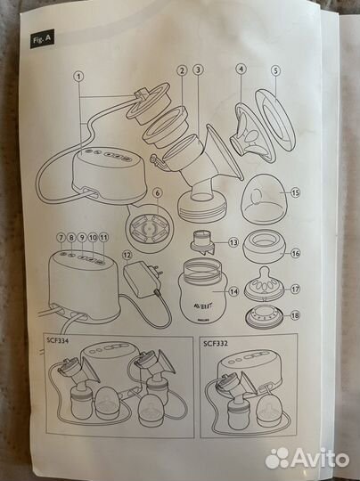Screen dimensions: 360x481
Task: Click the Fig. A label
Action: pyautogui.click(x=42, y=39)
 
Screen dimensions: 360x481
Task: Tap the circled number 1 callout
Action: pyautogui.click(x=79, y=77)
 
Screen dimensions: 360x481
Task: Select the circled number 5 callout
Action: pyautogui.click(x=275, y=71)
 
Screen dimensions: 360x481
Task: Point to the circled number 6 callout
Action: pyautogui.click(x=158, y=193)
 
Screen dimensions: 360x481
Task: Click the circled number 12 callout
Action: pyautogui.click(x=127, y=254)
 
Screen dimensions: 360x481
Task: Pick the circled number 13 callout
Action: pyautogui.click(x=233, y=242)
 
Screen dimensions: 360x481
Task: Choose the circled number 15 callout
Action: pyautogui.click(x=295, y=193)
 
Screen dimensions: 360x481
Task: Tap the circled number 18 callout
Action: pyautogui.click(x=295, y=315)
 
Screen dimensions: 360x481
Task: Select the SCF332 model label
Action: pyautogui.click(x=216, y=343)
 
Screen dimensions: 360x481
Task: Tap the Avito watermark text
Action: pyautogui.click(x=320, y=460)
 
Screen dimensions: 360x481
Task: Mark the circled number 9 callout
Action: pyautogui.click(x=82, y=237)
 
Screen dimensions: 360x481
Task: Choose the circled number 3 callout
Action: pyautogui.click(x=198, y=70)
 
